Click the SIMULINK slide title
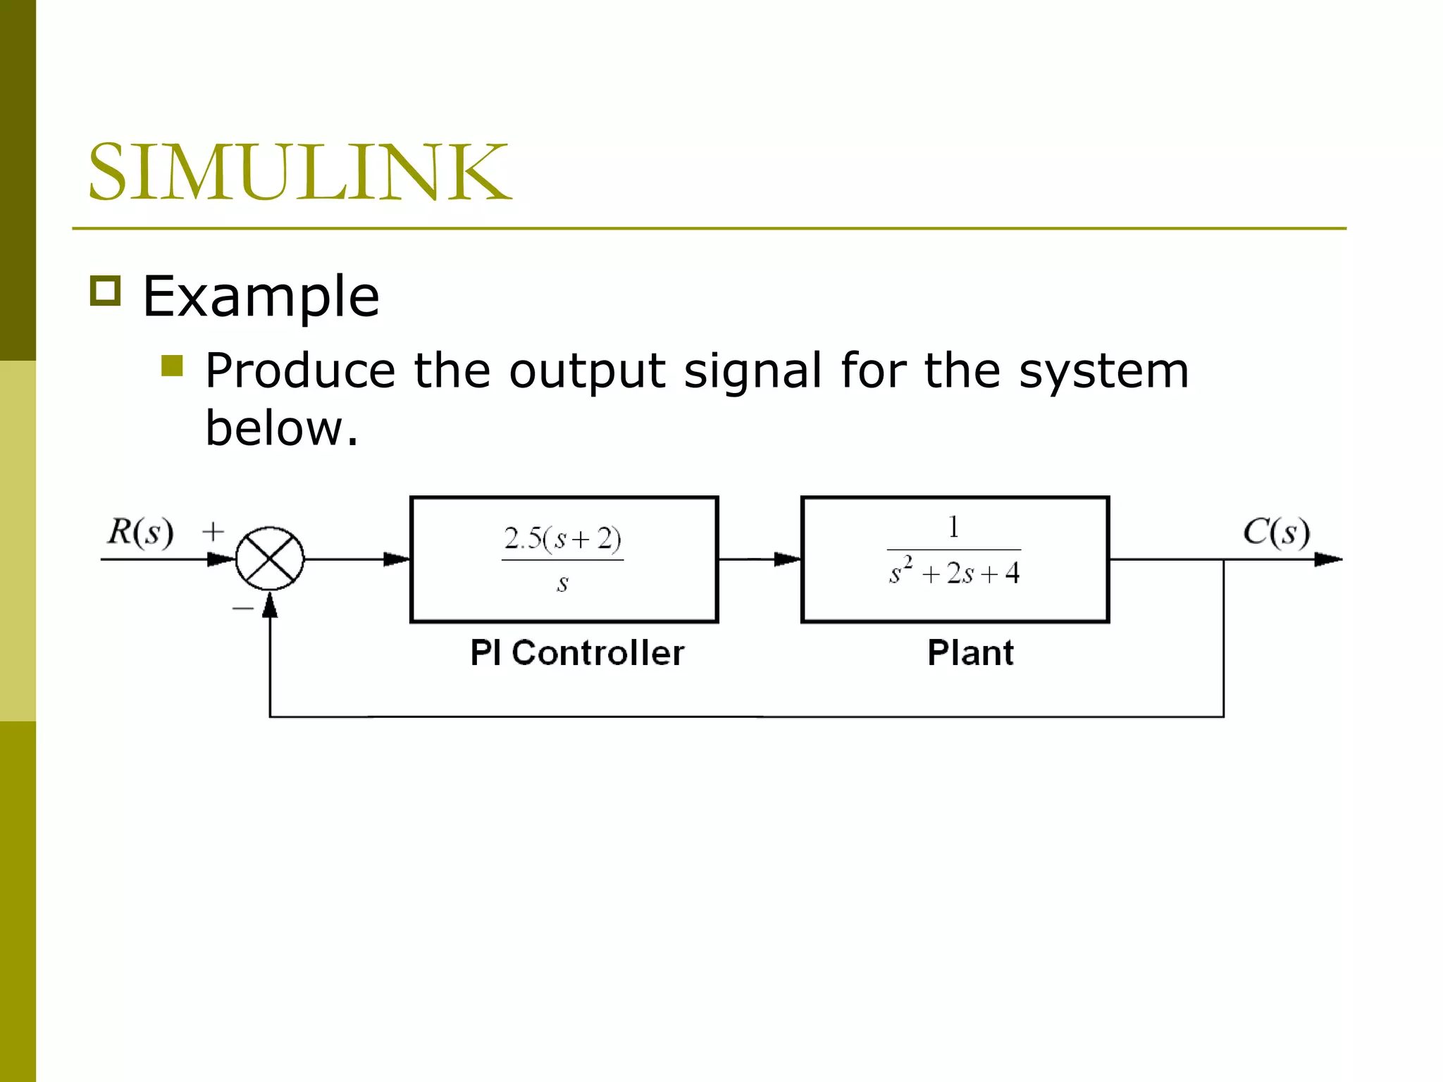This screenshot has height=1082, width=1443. coord(299,172)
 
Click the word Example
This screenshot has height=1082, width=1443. coord(261,297)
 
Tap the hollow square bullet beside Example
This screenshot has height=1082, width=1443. coord(106,290)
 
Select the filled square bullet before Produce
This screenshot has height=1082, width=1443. coord(172,366)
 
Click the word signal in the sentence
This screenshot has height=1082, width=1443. coord(753,371)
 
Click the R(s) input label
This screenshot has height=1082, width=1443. coord(140,532)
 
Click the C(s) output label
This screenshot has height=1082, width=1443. coord(1276,532)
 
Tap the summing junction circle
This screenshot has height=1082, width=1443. coord(270,559)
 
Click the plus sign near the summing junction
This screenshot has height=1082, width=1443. coord(213,531)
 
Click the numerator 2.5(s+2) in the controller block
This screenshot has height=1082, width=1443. coord(562,539)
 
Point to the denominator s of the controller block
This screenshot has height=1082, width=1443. coord(562,583)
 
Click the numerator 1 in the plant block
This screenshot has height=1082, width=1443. coord(953,527)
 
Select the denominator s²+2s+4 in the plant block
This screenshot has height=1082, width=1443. coord(954,572)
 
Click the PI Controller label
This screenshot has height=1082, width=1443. coord(577,653)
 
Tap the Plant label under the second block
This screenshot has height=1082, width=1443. coord(970,653)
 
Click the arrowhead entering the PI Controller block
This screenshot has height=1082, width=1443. coord(397,559)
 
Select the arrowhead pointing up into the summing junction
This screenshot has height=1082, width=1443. coord(270,605)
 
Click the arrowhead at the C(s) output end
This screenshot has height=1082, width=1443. coord(1328,559)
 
